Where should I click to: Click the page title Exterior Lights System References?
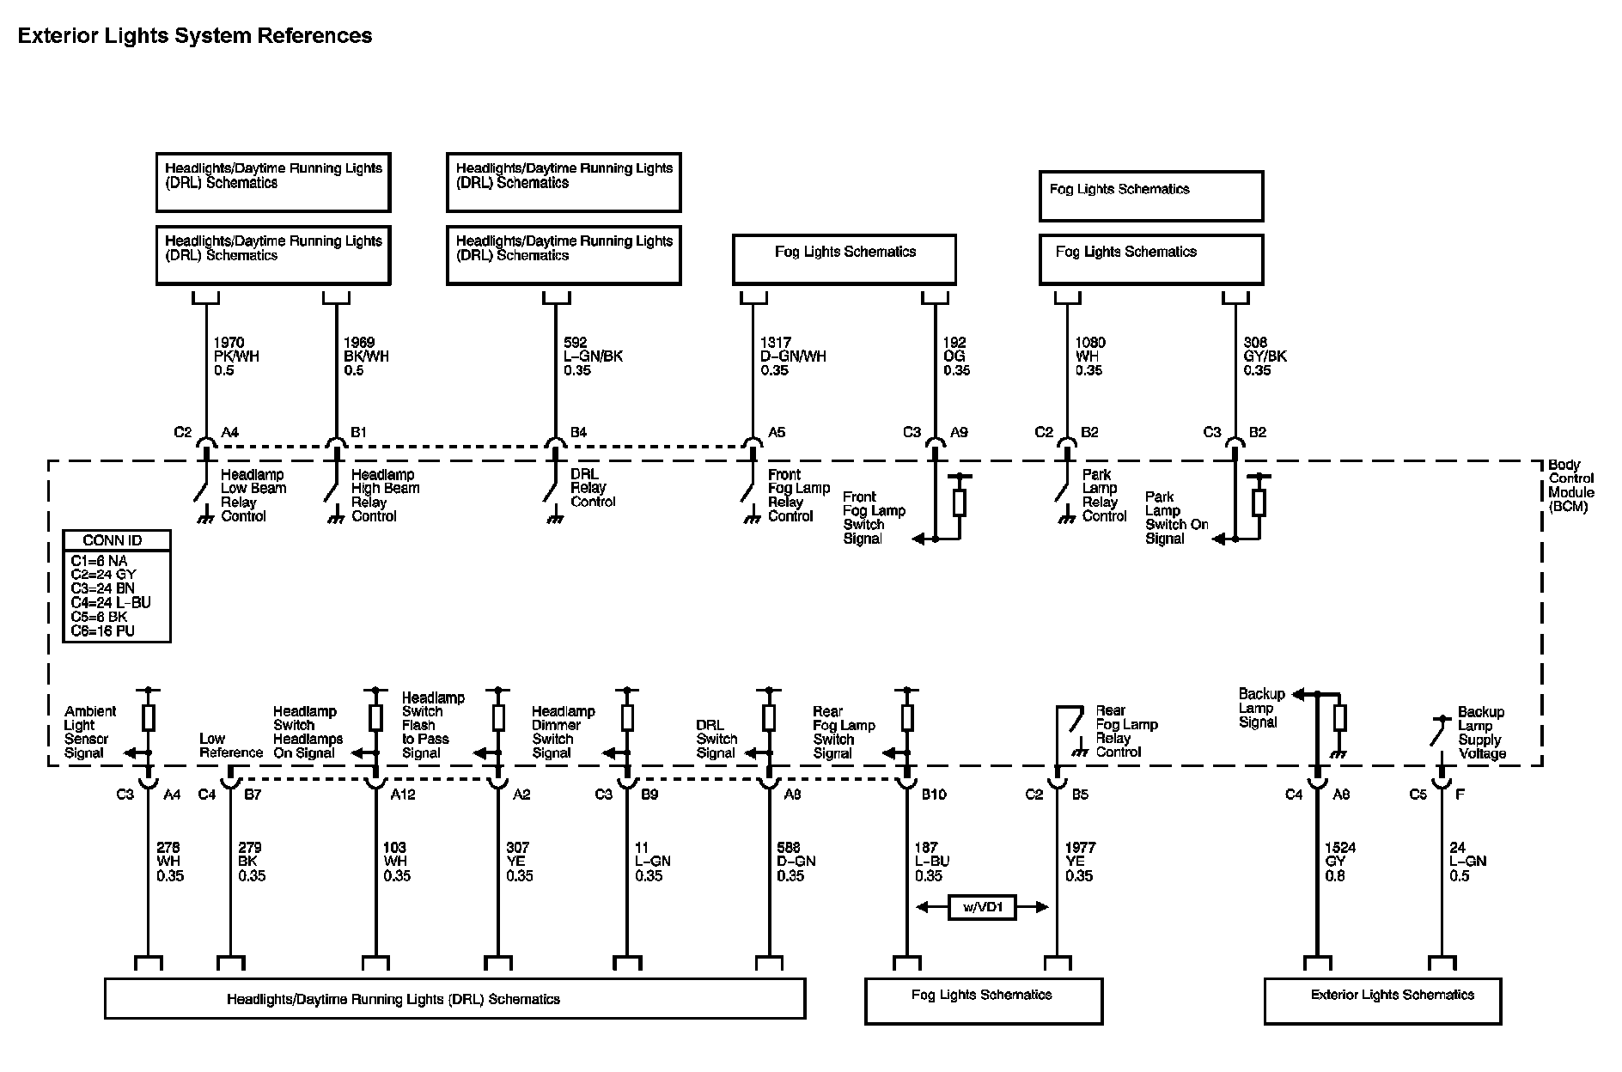pyautogui.click(x=195, y=36)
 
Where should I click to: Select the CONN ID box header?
pyautogui.click(x=113, y=540)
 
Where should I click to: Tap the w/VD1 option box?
pyautogui.click(x=982, y=907)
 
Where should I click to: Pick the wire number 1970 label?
pyautogui.click(x=229, y=343)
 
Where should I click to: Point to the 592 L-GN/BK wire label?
pyautogui.click(x=593, y=356)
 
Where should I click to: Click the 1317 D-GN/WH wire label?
pyautogui.click(x=792, y=356)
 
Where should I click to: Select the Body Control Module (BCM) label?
pyautogui.click(x=1570, y=485)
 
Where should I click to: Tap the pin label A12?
pyautogui.click(x=403, y=795)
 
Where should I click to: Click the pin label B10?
pyautogui.click(x=934, y=795)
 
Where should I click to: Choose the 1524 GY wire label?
pyautogui.click(x=1340, y=862)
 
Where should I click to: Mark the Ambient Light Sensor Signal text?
pyautogui.click(x=88, y=732)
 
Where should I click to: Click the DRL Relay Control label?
pyautogui.click(x=592, y=488)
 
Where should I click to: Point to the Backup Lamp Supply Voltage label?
pyautogui.click(x=1481, y=733)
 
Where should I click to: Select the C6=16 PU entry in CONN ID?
pyautogui.click(x=102, y=631)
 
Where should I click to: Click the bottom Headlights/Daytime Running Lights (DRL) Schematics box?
pyautogui.click(x=454, y=999)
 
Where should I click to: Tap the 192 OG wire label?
pyautogui.click(x=956, y=356)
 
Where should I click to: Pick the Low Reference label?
pyautogui.click(x=230, y=746)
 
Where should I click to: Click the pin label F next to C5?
pyautogui.click(x=1460, y=795)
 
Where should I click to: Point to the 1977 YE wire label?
pyautogui.click(x=1080, y=862)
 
